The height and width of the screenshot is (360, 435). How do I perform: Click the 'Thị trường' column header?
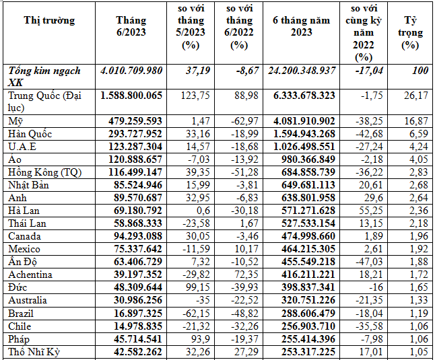pos(49,20)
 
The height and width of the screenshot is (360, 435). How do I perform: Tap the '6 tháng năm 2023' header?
pos(302,26)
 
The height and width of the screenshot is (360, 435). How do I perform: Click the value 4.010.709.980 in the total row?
pos(131,70)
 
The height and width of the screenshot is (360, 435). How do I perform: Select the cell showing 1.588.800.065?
pos(131,96)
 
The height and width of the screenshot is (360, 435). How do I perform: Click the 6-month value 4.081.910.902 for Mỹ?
pos(301,121)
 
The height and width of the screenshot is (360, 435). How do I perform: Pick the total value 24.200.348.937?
pos(301,70)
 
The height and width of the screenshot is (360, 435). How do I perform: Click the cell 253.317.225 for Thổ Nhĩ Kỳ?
pos(301,351)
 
